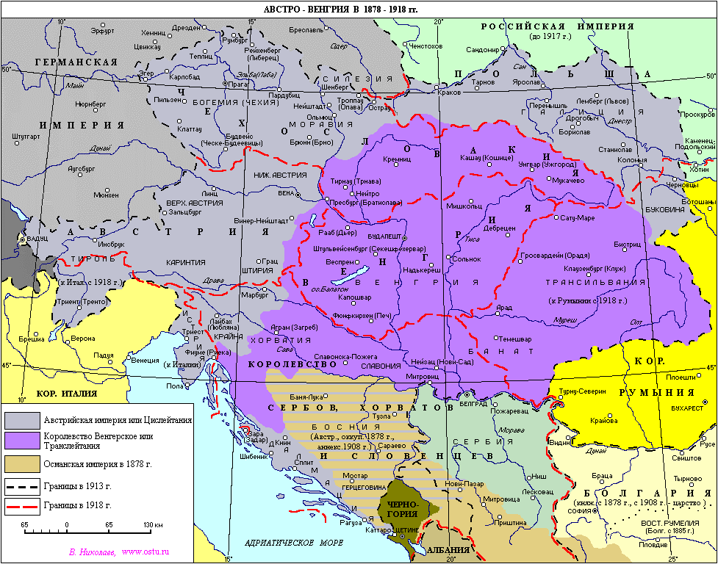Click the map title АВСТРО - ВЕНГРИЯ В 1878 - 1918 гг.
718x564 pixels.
click(x=345, y=10)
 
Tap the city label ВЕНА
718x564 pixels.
click(x=287, y=193)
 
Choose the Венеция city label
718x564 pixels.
click(x=143, y=361)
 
